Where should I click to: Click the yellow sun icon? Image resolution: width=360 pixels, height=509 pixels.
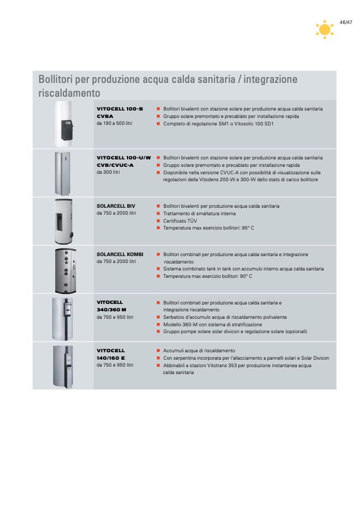[324, 30]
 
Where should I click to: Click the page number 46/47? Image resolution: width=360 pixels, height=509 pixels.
[346, 22]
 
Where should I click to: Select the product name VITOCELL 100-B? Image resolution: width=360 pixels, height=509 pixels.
[120, 109]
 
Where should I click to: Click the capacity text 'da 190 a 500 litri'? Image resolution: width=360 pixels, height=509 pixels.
[114, 123]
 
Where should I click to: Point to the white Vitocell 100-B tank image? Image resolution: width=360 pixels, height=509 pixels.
[64, 124]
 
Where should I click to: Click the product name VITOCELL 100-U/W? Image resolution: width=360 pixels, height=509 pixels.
[124, 158]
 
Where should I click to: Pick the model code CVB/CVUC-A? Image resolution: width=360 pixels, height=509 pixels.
[115, 165]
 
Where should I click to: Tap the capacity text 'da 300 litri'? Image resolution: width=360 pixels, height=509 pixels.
[108, 172]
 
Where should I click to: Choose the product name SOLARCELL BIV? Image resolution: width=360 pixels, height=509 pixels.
[116, 206]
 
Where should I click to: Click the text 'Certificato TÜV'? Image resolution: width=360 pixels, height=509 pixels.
[180, 220]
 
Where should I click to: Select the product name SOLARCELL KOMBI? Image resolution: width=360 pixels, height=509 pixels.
[120, 254]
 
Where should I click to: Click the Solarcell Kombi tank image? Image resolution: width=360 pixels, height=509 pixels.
[65, 271]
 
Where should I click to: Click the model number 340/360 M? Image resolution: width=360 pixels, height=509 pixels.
[112, 310]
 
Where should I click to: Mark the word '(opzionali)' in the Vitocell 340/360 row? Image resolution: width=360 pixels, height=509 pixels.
[296, 332]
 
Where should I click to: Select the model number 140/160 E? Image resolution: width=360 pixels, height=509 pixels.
[111, 358]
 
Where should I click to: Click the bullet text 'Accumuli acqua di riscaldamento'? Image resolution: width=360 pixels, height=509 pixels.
[199, 351]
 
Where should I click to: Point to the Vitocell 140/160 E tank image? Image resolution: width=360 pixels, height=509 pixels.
[63, 367]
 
